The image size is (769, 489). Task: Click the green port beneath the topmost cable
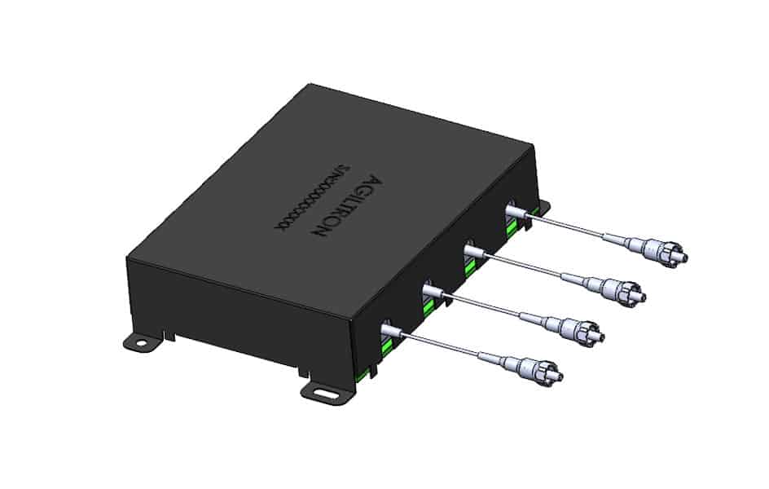click(512, 229)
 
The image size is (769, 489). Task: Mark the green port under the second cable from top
click(471, 266)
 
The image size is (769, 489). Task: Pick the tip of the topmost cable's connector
click(683, 259)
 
